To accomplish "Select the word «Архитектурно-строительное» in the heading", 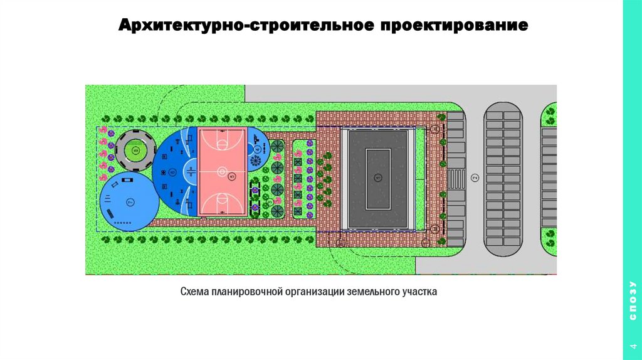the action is (246, 27).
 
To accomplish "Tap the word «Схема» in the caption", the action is (194, 292).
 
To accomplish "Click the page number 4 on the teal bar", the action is (632, 347).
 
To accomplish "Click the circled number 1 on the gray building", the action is (377, 177).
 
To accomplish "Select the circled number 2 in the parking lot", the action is (475, 178).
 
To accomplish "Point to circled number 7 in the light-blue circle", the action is (130, 202).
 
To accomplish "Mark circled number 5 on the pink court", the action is (233, 177).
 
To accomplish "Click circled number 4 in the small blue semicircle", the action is (257, 150).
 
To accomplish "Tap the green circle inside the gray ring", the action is (134, 151).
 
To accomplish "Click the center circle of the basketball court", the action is (221, 170).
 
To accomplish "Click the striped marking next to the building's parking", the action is (456, 178).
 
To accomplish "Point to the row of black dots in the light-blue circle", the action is (123, 222).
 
